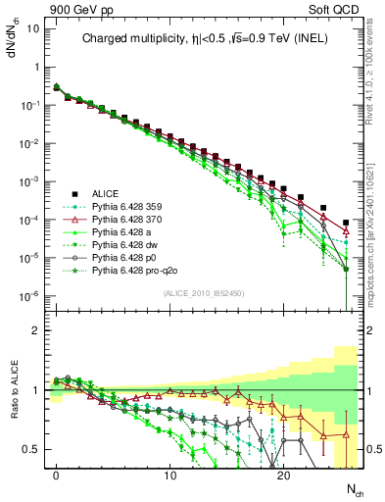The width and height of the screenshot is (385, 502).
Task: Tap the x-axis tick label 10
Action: tap(169, 476)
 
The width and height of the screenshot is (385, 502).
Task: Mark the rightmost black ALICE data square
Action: tap(346, 223)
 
